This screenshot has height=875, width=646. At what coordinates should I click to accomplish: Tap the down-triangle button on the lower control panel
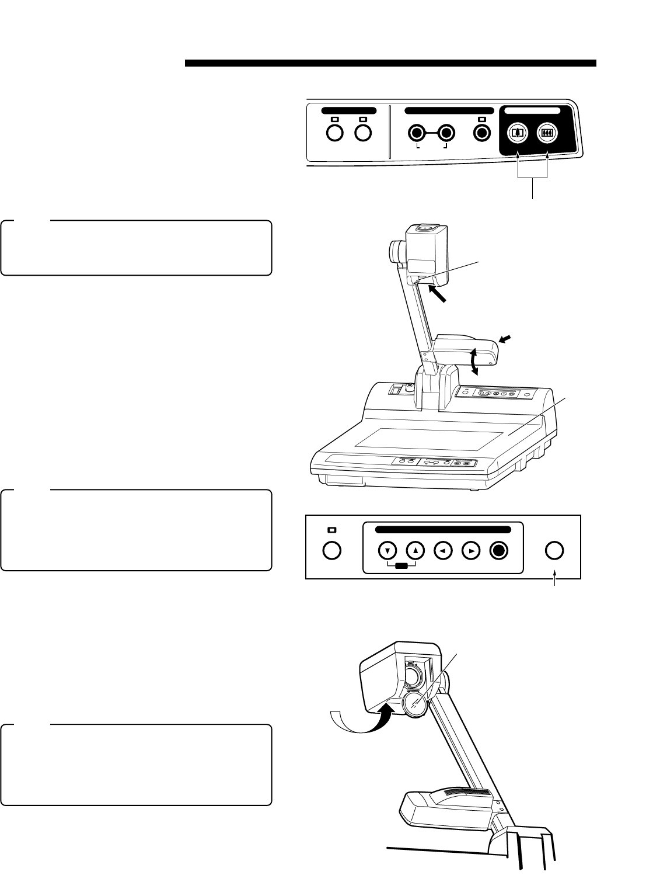pyautogui.click(x=387, y=550)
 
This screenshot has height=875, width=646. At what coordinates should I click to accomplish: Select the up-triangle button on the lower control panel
pyautogui.click(x=414, y=550)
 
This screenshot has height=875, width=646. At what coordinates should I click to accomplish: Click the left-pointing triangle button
pyautogui.click(x=444, y=550)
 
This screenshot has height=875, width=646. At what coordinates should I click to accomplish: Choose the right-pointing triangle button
pyautogui.click(x=471, y=550)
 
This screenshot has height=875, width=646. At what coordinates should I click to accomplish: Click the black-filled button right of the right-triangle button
pyautogui.click(x=500, y=550)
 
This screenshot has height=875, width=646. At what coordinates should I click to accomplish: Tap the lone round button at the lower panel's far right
pyautogui.click(x=554, y=550)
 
